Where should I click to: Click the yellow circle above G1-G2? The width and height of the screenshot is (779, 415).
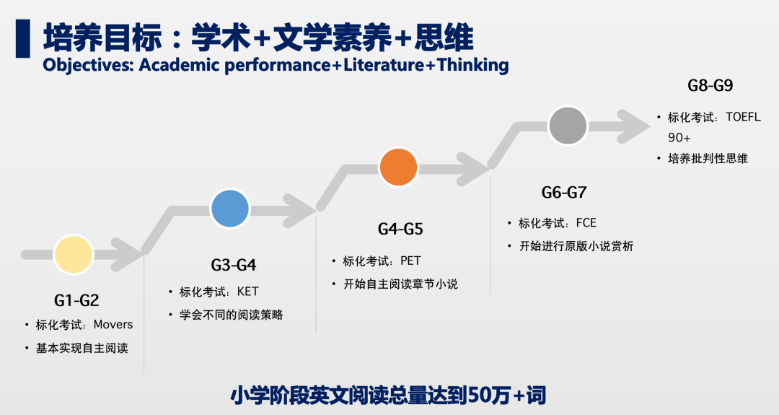74,255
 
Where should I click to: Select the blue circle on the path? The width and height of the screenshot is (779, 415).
230,209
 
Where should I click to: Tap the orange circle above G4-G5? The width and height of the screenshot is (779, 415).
398,167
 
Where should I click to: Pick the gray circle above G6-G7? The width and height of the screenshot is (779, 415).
568,126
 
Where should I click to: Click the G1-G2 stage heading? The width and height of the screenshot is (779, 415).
76,300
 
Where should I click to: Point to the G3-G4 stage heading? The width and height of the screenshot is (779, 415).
234,265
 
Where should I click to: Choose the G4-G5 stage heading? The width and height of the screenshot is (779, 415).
400,229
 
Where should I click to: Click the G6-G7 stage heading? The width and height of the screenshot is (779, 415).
564,192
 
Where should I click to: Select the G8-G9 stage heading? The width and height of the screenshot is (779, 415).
710,85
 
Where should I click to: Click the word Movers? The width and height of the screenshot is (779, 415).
113,325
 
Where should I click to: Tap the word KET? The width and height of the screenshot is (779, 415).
248,292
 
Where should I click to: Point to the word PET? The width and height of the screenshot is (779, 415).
410,261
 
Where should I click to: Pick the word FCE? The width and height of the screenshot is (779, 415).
586,223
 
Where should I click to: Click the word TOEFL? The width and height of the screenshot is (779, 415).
743,117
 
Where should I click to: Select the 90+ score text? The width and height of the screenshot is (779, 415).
679,138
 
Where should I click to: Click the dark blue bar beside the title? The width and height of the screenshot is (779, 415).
23,39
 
